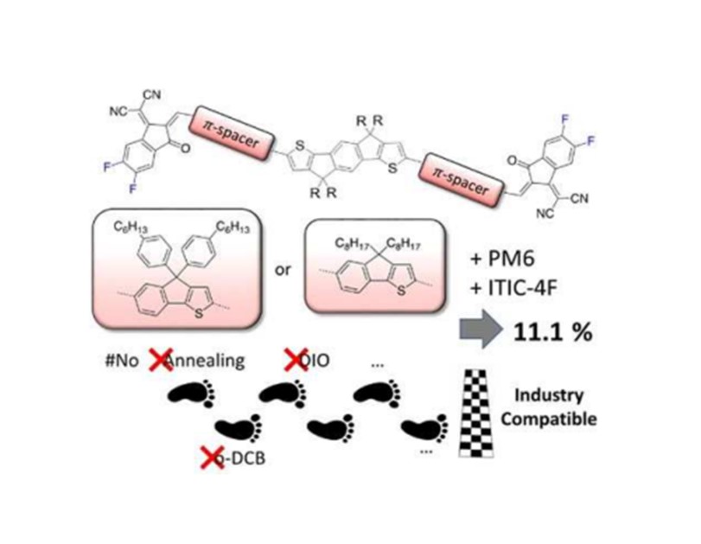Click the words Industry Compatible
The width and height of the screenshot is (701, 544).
[553, 411]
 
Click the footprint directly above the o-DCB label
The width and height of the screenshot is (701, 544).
[236, 426]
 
